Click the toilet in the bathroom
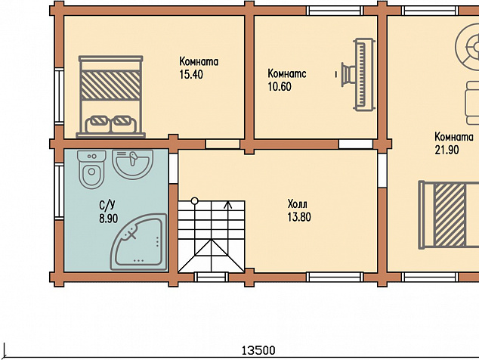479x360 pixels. pyautogui.click(x=91, y=169)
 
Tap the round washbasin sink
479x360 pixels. pyautogui.click(x=132, y=163)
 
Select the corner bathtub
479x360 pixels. pyautogui.click(x=139, y=242)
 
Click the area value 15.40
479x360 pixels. pyautogui.click(x=191, y=74)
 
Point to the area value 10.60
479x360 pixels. pyautogui.click(x=280, y=86)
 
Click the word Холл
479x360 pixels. pyautogui.click(x=297, y=203)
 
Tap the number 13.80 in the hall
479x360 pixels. pyautogui.click(x=299, y=217)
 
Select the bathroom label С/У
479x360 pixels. pyautogui.click(x=107, y=205)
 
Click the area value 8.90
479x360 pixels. pyautogui.click(x=109, y=219)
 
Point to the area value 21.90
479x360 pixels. pyautogui.click(x=447, y=150)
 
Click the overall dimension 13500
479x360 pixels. pyautogui.click(x=258, y=350)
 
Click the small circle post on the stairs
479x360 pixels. pyautogui.click(x=194, y=201)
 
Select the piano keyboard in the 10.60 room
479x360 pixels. pyautogui.click(x=363, y=74)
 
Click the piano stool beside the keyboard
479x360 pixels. pyautogui.click(x=347, y=74)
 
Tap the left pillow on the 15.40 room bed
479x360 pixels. pyautogui.click(x=97, y=124)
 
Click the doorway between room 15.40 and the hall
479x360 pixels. pyautogui.click(x=222, y=144)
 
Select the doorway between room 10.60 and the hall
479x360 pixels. pyautogui.click(x=356, y=144)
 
